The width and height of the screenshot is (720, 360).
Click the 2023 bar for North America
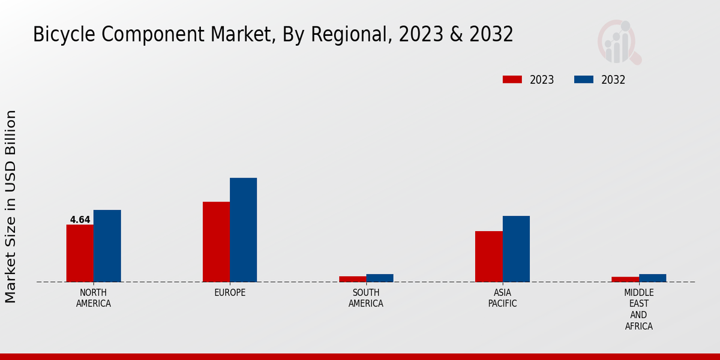(80, 253)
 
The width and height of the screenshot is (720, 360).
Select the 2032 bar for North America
(107, 246)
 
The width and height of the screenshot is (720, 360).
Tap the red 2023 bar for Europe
(216, 242)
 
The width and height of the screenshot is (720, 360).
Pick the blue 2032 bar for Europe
(243, 230)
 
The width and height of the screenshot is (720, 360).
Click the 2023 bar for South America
(352, 279)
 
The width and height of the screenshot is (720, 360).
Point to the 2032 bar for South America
(380, 278)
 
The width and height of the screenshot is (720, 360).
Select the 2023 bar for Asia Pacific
(488, 256)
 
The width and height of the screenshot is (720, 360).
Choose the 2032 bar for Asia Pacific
(516, 249)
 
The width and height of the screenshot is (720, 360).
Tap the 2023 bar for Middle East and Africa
(625, 279)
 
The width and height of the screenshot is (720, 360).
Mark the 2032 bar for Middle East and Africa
(652, 278)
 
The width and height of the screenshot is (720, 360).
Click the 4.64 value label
(80, 220)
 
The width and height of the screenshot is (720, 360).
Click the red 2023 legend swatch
(512, 80)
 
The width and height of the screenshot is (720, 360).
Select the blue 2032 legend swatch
(584, 80)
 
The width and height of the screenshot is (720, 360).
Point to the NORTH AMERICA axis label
(94, 298)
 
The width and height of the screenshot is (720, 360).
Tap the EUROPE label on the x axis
(230, 293)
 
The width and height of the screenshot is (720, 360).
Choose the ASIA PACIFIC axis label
(502, 298)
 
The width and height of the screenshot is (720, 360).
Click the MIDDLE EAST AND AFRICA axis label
(638, 309)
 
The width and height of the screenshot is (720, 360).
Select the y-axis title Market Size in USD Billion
(11, 206)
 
